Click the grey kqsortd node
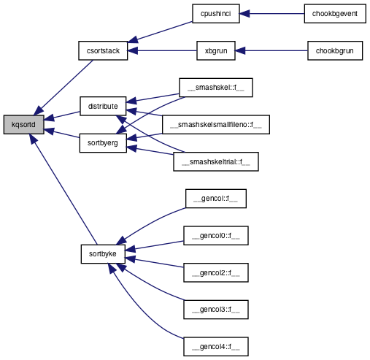point(23,125)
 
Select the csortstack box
point(103,50)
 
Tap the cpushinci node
point(216,14)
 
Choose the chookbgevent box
point(335,14)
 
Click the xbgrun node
point(216,50)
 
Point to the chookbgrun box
point(335,50)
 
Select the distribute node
point(103,106)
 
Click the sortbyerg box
point(103,143)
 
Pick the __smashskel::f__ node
point(216,88)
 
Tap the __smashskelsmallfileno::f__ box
point(216,125)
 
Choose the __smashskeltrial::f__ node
point(216,161)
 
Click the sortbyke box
point(103,254)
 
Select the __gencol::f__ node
point(216,199)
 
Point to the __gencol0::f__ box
point(216,236)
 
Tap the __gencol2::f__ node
point(216,272)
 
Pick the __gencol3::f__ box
point(216,310)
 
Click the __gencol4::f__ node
point(216,347)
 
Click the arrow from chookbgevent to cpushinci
point(272,14)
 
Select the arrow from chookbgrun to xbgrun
point(271,50)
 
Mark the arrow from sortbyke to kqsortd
point(63,189)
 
